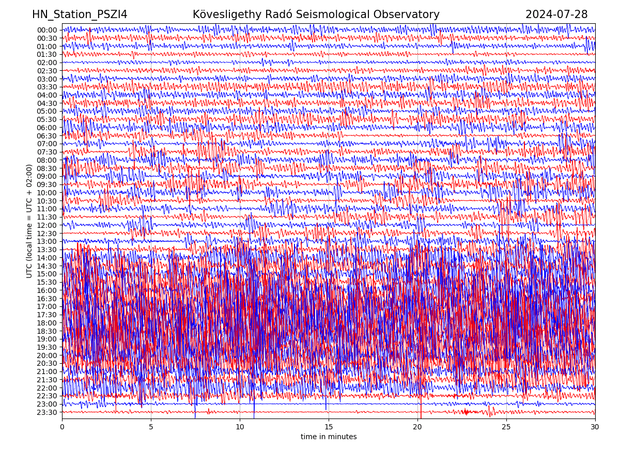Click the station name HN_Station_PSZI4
click(x=80, y=14)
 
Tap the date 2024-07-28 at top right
click(x=556, y=14)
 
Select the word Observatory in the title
click(x=411, y=14)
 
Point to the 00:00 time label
click(x=47, y=30)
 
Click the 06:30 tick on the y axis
click(x=47, y=136)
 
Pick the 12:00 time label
click(x=47, y=225)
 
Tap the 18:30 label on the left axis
click(x=47, y=331)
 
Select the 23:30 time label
click(x=47, y=412)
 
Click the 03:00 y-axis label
click(x=47, y=79)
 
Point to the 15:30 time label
click(x=47, y=282)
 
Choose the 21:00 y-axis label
click(x=47, y=371)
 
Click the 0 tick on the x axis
click(x=62, y=427)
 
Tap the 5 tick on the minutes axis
click(x=151, y=427)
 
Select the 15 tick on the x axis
click(x=329, y=427)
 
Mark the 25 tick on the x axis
click(x=506, y=427)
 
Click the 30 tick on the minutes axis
click(x=595, y=427)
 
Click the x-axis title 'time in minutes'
click(x=329, y=437)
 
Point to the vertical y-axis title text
click(x=29, y=221)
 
